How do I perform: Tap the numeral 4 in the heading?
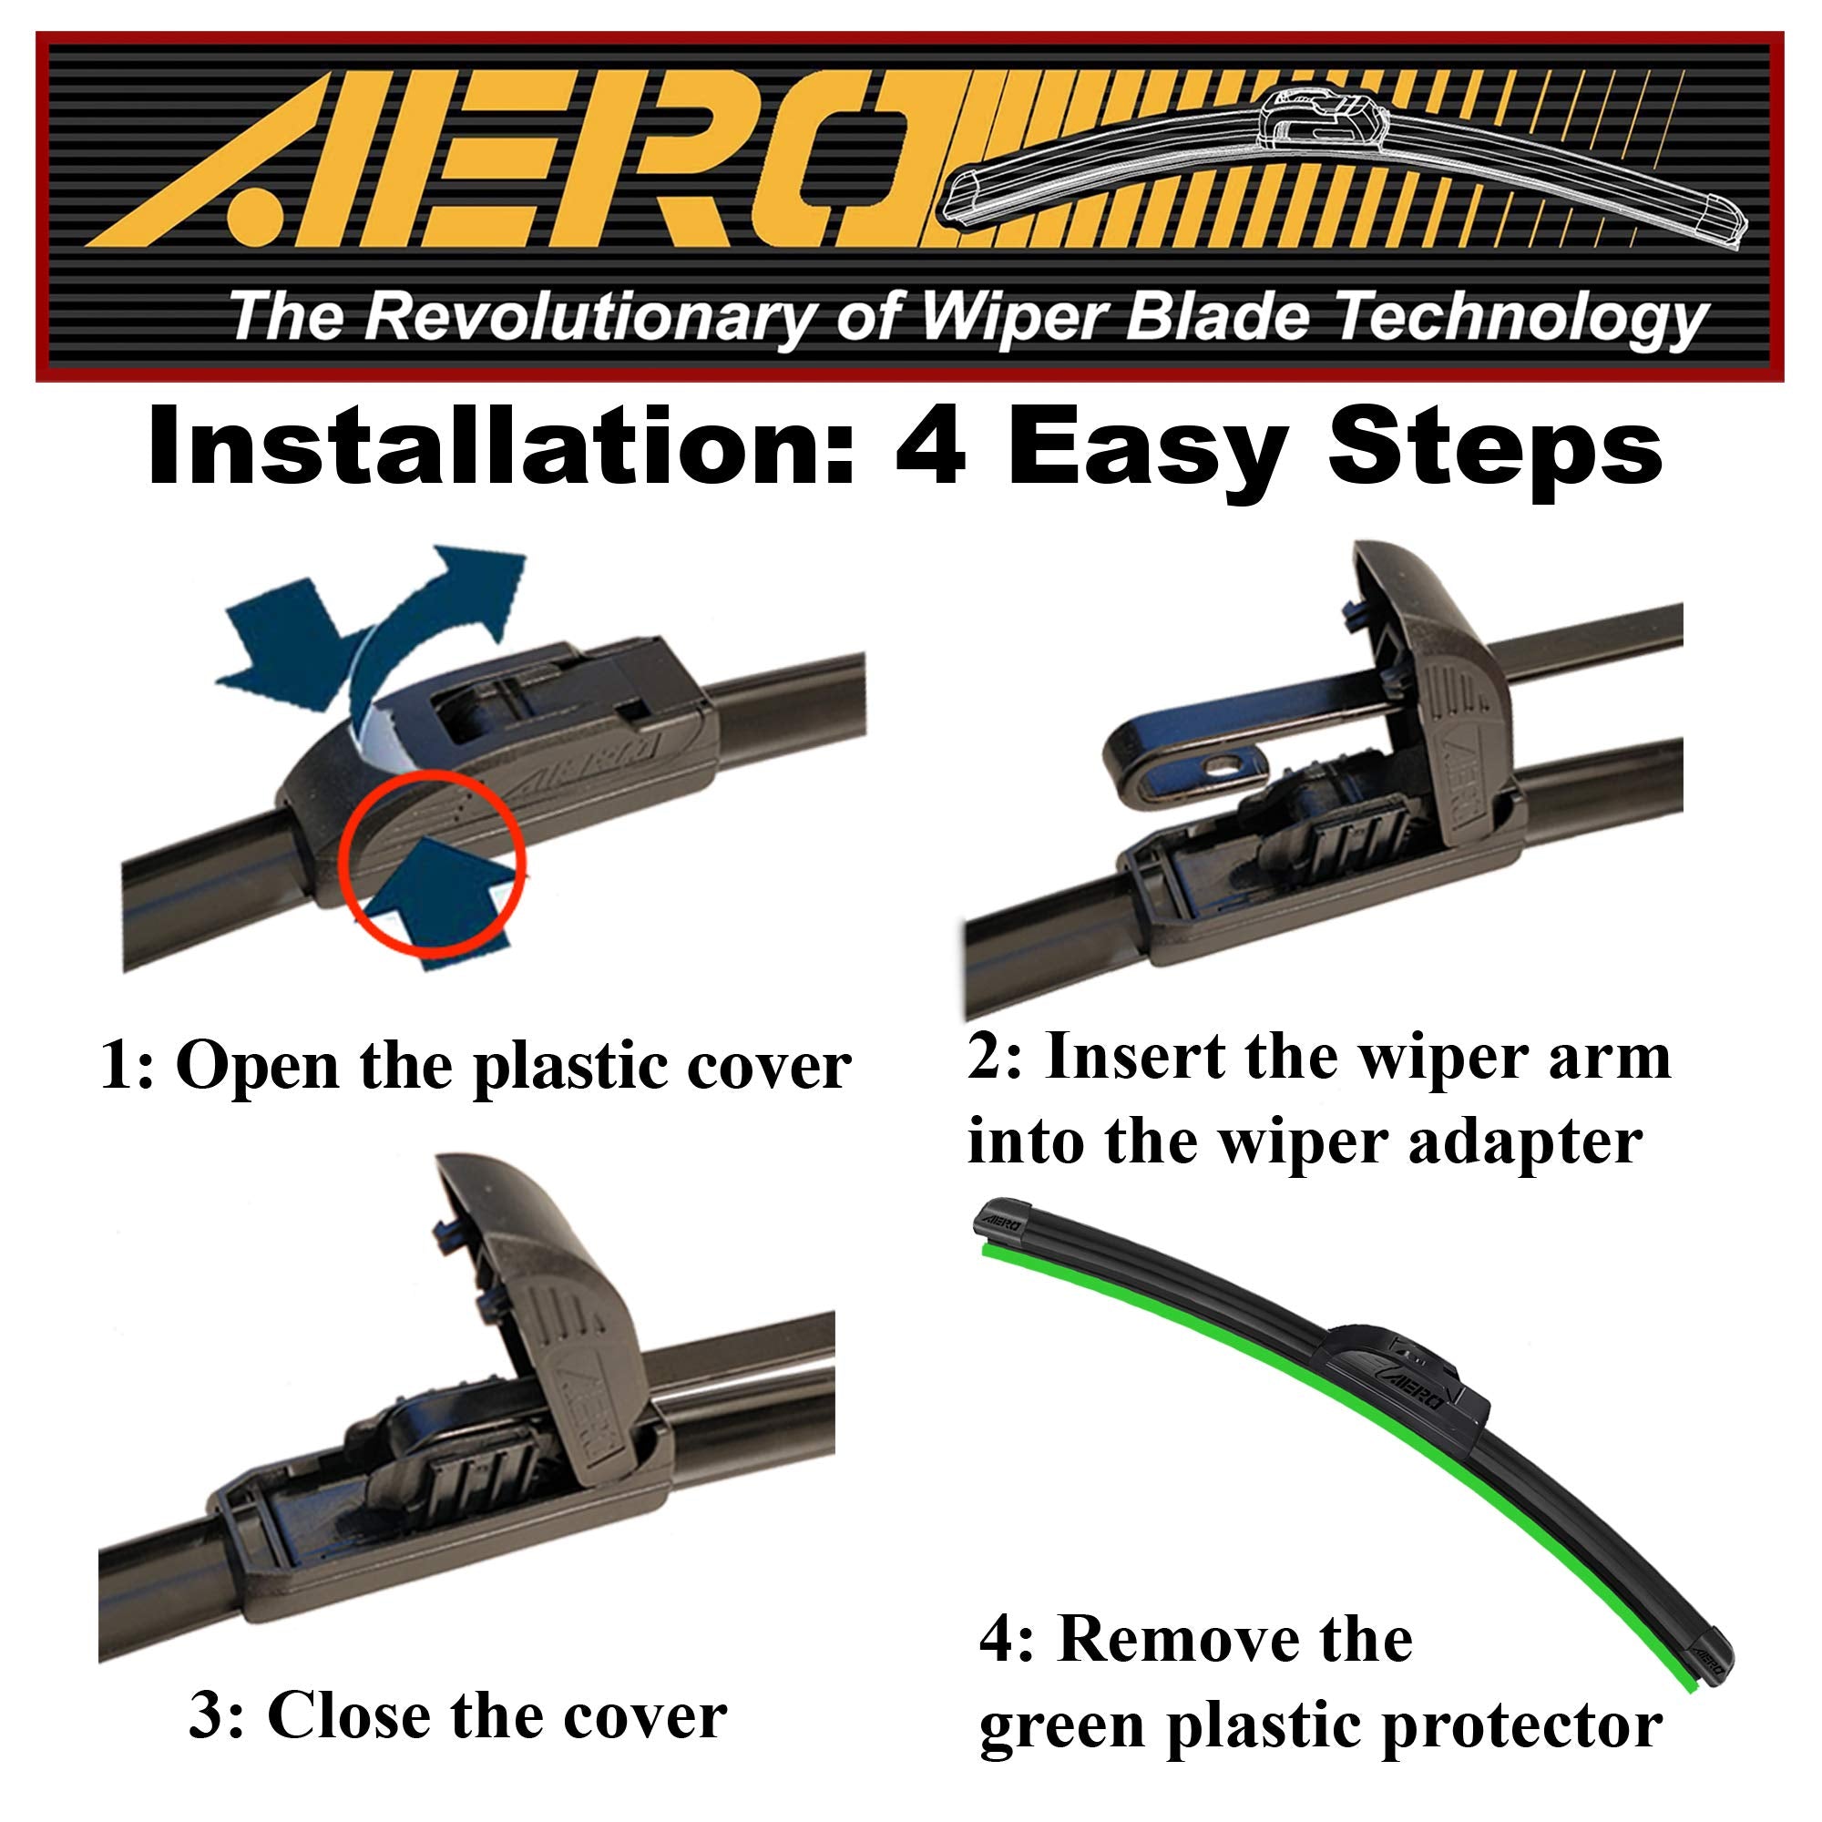click(929, 448)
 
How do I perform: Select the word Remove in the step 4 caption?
click(1147, 1640)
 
